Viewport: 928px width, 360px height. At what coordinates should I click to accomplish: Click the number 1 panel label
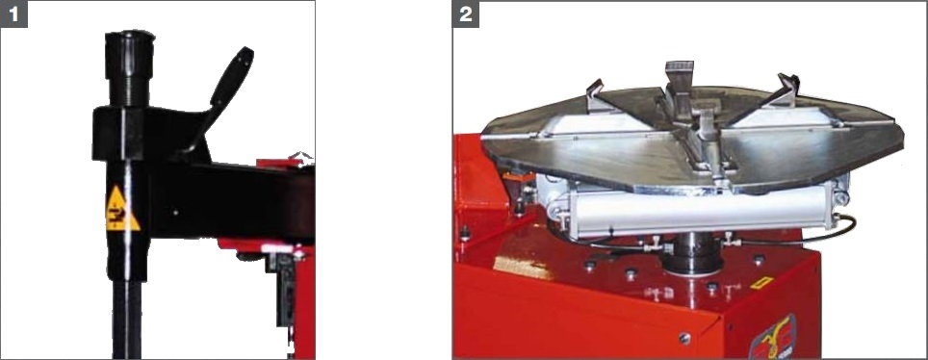coord(13,14)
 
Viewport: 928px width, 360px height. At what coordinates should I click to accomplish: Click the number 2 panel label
coord(466,14)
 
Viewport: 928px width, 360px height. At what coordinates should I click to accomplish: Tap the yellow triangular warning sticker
coord(122,209)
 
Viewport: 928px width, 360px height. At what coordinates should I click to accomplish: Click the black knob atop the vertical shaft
coord(130,55)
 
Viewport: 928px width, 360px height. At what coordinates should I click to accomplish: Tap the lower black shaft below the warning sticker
coord(127,320)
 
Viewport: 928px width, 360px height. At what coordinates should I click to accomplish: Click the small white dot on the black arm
coord(175,212)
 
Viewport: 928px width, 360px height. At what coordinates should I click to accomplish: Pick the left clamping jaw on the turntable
coord(595,93)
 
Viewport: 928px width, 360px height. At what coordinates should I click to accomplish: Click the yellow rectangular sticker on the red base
coord(762,282)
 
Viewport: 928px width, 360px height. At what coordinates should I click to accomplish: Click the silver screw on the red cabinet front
coord(684,338)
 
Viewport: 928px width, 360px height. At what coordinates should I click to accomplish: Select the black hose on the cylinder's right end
coord(840,232)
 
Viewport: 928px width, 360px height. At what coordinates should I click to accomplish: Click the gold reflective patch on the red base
coord(525,267)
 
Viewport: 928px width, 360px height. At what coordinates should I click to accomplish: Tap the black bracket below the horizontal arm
coord(285,290)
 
